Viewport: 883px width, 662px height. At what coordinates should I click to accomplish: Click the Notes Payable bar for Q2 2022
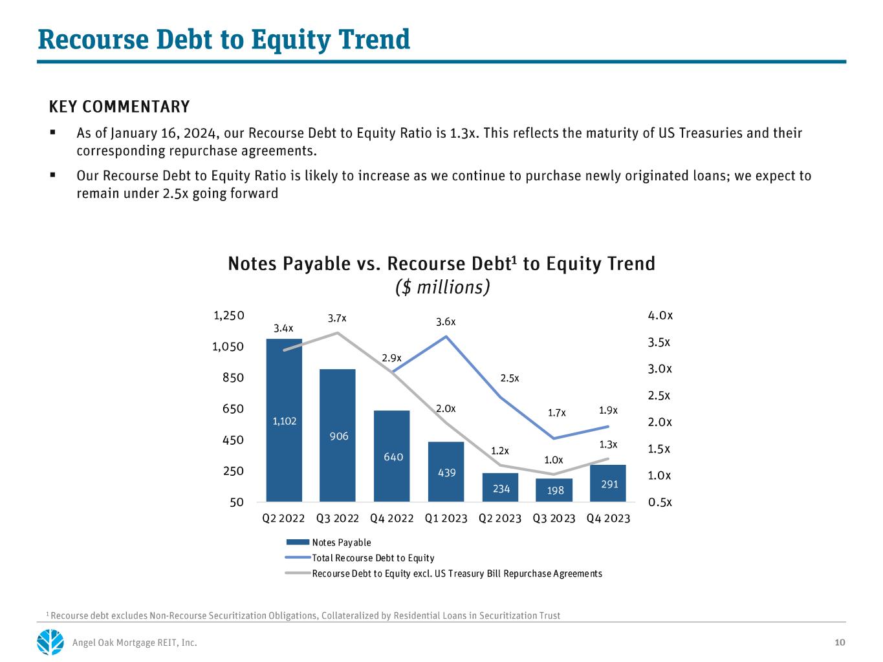click(x=284, y=420)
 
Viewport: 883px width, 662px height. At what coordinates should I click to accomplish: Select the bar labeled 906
click(x=338, y=435)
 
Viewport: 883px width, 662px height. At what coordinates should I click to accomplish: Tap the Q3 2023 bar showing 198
click(x=554, y=490)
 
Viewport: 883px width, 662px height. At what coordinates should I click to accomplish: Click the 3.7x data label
click(x=337, y=318)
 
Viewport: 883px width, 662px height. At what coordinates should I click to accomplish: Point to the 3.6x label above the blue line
click(x=446, y=321)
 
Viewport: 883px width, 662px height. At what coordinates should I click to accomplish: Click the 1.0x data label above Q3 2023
click(x=554, y=460)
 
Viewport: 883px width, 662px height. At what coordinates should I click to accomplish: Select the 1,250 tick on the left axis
click(x=228, y=315)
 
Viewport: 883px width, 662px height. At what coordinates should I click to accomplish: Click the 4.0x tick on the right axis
click(x=660, y=315)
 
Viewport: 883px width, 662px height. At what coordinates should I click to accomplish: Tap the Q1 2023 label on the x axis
click(x=446, y=518)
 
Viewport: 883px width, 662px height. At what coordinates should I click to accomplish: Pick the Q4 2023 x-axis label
click(x=608, y=518)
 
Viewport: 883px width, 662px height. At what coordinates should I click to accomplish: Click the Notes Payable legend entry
click(x=329, y=542)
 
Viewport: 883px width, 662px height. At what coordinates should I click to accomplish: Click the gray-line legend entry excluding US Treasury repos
click(x=444, y=573)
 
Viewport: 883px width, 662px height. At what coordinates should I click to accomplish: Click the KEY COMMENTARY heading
click(x=119, y=107)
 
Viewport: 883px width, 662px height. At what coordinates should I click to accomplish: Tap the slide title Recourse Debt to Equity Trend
click(x=224, y=39)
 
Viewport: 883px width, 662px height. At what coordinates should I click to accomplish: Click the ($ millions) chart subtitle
click(x=442, y=287)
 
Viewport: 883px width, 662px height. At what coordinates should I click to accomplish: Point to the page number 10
click(x=840, y=643)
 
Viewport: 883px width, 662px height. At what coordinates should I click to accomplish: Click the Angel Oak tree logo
click(x=50, y=642)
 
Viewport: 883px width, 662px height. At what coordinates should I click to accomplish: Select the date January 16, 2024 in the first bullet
click(x=165, y=133)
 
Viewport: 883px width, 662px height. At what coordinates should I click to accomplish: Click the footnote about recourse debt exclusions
click(x=303, y=615)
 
